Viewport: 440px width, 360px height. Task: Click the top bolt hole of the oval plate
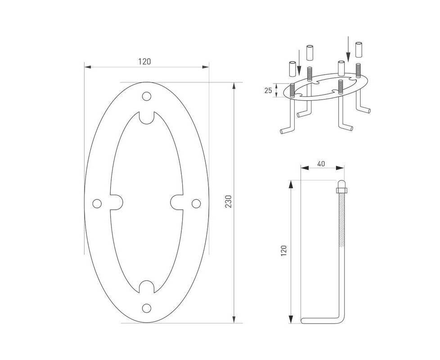click(x=147, y=96)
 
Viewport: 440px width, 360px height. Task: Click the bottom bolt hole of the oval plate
click(x=147, y=308)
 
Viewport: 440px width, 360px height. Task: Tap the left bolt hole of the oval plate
click(x=97, y=203)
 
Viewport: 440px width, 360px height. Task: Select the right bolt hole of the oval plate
click(x=196, y=203)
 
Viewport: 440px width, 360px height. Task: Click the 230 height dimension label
click(x=229, y=201)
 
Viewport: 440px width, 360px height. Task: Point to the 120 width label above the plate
click(x=144, y=61)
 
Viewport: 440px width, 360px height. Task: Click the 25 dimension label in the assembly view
click(x=268, y=90)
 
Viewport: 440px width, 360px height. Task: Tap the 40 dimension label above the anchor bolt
click(x=321, y=163)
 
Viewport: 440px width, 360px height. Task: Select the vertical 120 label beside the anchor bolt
click(x=284, y=250)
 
